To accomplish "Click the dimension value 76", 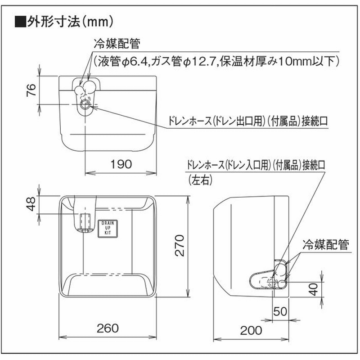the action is pyautogui.click(x=31, y=90).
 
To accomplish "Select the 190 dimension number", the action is pyautogui.click(x=121, y=164).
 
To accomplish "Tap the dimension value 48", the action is pyautogui.click(x=31, y=204).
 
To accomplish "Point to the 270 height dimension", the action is pyautogui.click(x=179, y=245).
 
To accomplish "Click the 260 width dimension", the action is pyautogui.click(x=108, y=328).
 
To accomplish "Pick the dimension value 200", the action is pyautogui.click(x=251, y=330).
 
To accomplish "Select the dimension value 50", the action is pyautogui.click(x=280, y=311).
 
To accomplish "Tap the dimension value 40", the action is pyautogui.click(x=313, y=289).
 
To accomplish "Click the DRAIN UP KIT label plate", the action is pyautogui.click(x=108, y=229).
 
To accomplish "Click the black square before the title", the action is pyautogui.click(x=20, y=22).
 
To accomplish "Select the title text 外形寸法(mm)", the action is pyautogui.click(x=70, y=22).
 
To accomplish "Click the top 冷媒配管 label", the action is pyautogui.click(x=117, y=43).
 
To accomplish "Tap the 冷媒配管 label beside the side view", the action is pyautogui.click(x=325, y=244).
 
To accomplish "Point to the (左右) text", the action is pyautogui.click(x=200, y=180).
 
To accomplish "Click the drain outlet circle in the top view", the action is pyautogui.click(x=85, y=105).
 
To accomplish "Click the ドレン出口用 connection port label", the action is pyautogui.click(x=248, y=121).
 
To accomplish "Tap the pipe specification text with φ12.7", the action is pyautogui.click(x=216, y=61).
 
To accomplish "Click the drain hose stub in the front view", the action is pyautogui.click(x=85, y=222).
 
